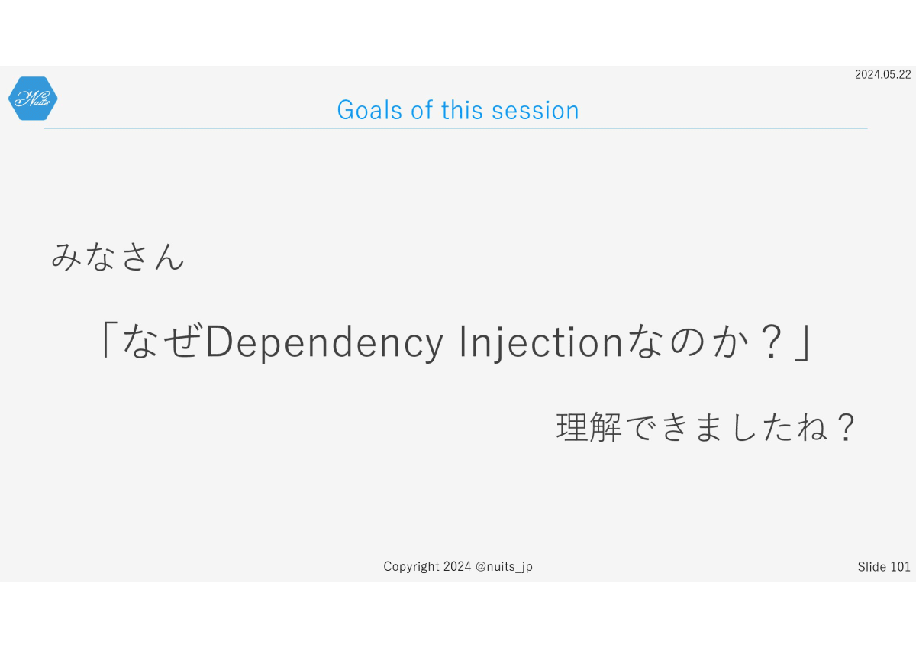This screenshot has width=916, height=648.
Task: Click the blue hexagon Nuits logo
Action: click(x=33, y=99)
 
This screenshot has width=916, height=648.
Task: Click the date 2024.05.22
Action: click(x=883, y=74)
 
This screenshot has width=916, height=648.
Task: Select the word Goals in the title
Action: click(x=369, y=110)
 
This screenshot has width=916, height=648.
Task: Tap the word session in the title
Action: click(x=535, y=110)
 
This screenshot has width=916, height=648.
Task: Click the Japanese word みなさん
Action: click(x=118, y=257)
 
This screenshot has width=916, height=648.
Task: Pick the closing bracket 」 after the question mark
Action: click(x=802, y=342)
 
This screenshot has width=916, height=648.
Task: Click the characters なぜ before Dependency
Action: click(x=163, y=341)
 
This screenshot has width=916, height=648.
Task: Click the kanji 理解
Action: click(x=589, y=427)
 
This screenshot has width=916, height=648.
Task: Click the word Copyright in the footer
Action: click(x=411, y=566)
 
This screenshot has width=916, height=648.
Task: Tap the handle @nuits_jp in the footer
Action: click(x=504, y=567)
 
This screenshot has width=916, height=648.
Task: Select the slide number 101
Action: click(x=900, y=566)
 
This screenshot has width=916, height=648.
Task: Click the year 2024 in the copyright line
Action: click(x=457, y=566)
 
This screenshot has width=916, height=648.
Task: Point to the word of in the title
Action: click(x=421, y=110)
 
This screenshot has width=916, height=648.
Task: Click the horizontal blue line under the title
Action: click(x=456, y=128)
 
